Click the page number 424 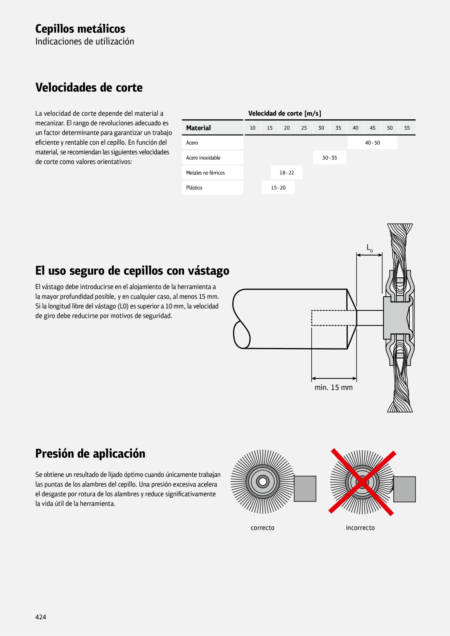[41, 617]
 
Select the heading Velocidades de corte [89, 87]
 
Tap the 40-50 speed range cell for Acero [372, 143]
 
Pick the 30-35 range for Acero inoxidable [330, 158]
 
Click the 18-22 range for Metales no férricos [287, 173]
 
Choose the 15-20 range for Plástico [278, 187]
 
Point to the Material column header [199, 128]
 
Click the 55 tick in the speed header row [407, 128]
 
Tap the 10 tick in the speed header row [253, 128]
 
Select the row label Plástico [194, 187]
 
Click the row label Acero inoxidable [203, 158]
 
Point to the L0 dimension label [369, 248]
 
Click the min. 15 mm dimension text [334, 387]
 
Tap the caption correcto [262, 528]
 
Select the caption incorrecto [360, 528]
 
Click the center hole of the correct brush [262, 482]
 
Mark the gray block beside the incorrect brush [405, 489]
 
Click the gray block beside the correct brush [305, 489]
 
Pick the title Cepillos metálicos [80, 29]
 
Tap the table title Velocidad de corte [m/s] [285, 113]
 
